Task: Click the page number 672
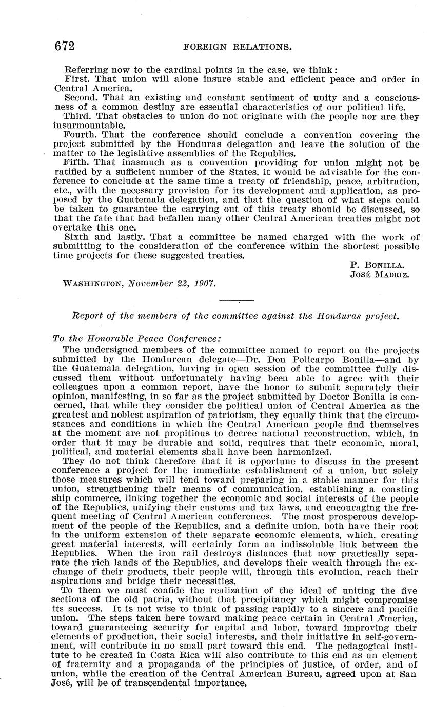(x=65, y=47)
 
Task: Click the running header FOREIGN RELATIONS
(x=237, y=47)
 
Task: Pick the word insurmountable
(x=88, y=126)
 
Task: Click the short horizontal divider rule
(x=237, y=300)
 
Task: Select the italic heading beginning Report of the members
(x=236, y=317)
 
